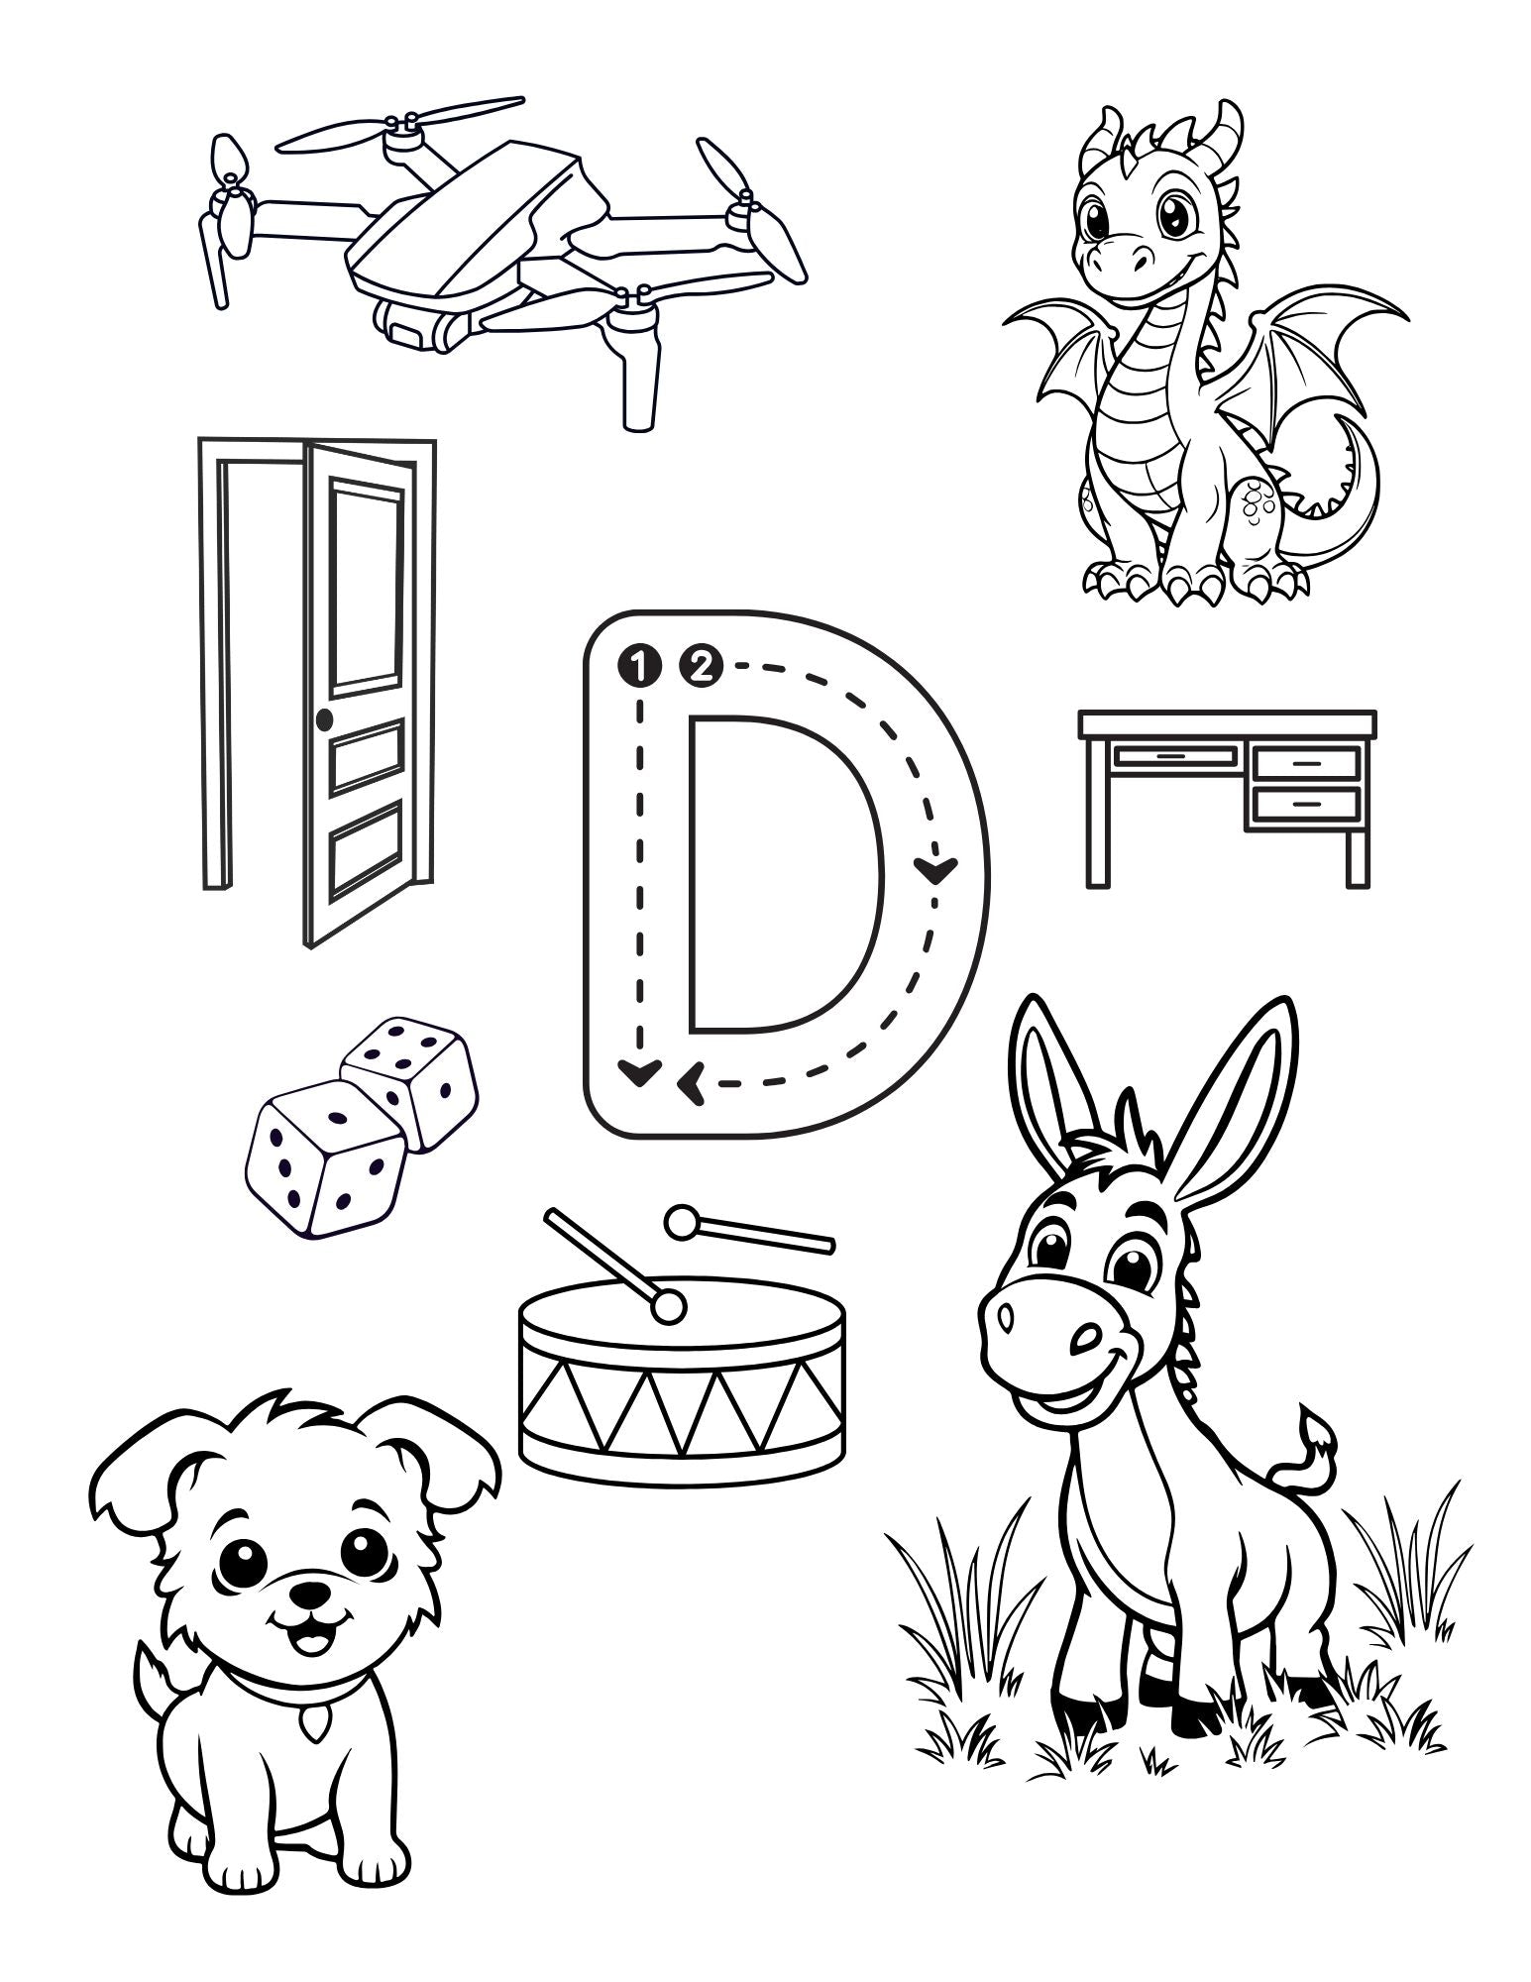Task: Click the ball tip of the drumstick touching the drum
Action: (x=668, y=1307)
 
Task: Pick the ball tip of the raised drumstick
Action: (x=681, y=1223)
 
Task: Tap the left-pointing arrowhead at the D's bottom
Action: (x=689, y=1081)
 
